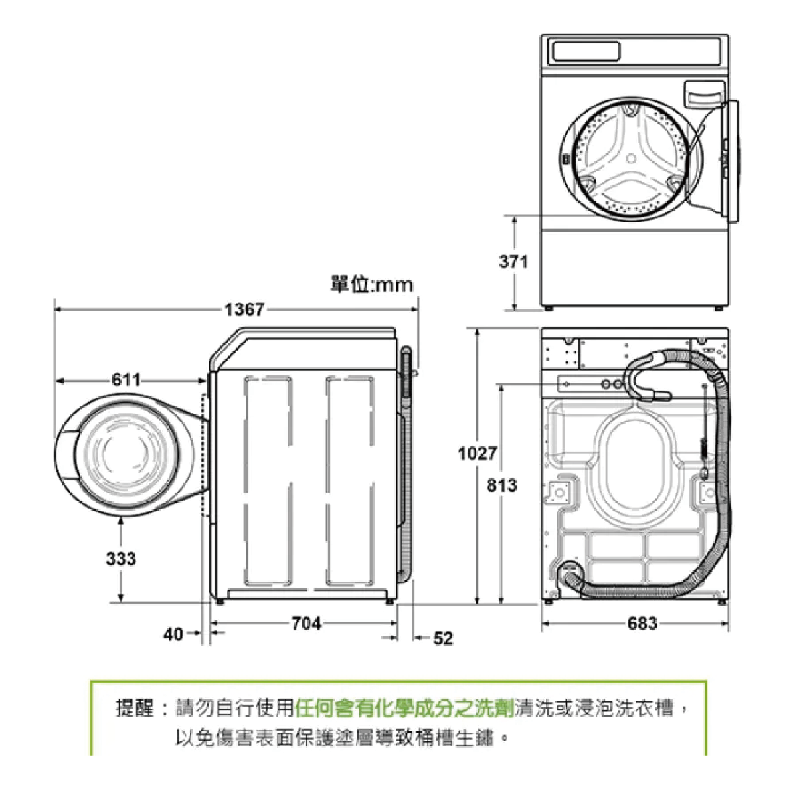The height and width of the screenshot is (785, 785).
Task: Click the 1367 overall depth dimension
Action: (244, 309)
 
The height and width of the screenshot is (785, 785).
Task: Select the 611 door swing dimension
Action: (126, 380)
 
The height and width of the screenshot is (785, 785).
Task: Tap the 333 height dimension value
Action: (121, 558)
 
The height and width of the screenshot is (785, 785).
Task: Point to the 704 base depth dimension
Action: (306, 623)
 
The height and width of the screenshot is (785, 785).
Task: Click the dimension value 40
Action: (173, 635)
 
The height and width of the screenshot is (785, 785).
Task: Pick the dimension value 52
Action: (443, 638)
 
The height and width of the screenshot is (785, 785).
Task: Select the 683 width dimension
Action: (642, 623)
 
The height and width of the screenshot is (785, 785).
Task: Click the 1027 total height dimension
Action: (477, 454)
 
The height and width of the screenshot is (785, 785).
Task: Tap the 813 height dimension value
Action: (501, 485)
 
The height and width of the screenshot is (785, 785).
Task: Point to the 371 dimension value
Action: (513, 262)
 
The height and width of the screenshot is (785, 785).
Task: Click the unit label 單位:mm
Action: (372, 285)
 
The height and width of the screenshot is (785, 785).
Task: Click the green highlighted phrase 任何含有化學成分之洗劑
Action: (404, 709)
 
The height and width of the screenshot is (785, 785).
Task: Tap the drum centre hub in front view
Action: (631, 158)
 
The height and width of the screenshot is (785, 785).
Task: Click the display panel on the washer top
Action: (585, 51)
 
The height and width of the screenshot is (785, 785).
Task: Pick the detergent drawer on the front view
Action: (704, 92)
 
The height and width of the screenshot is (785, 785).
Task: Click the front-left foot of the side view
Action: (219, 602)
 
